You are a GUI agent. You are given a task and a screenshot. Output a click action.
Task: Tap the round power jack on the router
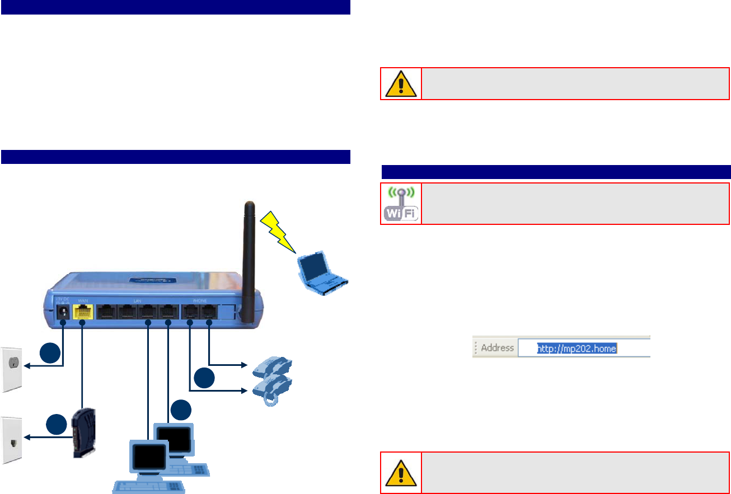coord(62,313)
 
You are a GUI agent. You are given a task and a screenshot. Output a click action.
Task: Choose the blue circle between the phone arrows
coord(204,378)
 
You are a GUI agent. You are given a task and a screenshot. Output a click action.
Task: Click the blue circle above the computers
coord(181,411)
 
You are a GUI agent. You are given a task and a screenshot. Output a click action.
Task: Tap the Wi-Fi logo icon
coord(401,204)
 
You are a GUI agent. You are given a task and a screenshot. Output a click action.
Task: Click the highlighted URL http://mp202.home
coord(577,349)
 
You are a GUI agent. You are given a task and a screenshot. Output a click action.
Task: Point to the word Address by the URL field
coord(497,348)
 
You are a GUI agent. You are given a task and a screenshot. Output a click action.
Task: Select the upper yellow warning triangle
coord(401,84)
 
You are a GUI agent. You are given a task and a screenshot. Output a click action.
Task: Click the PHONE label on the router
coord(199,300)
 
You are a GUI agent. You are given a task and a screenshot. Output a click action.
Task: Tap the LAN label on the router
coord(138,300)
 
